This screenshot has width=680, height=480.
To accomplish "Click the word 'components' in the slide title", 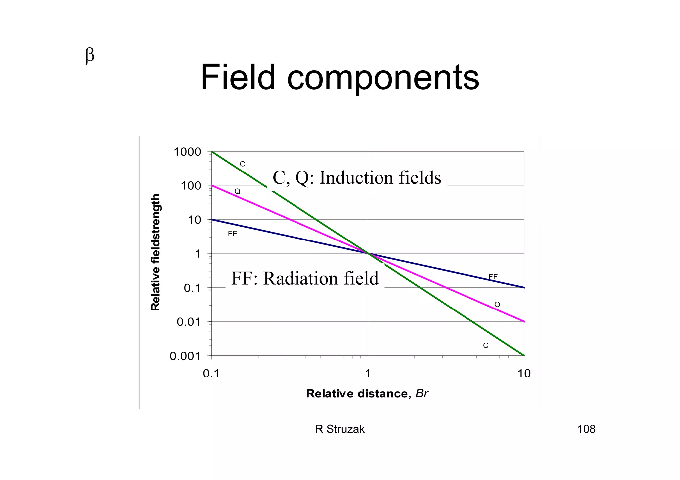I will point(383,78).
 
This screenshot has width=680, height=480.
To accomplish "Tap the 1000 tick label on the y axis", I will point(187,152).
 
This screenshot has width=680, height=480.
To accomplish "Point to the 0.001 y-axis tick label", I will point(185,356).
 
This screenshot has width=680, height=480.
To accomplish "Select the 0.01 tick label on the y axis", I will point(189,322).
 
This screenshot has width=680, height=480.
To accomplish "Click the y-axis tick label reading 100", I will point(191,186).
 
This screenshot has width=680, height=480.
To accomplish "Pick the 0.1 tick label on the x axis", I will point(211,374).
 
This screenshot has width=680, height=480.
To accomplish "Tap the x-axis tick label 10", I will point(524,374).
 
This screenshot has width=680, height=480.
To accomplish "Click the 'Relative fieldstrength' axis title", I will point(155,252).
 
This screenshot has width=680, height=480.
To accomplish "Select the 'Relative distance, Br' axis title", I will point(367,394).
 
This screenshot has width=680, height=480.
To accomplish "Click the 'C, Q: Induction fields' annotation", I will point(357,178).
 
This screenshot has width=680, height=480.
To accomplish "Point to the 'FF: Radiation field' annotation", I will point(305,278).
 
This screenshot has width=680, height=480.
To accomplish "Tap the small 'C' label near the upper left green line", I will point(242,164).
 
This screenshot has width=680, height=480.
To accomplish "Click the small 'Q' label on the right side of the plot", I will point(497,304).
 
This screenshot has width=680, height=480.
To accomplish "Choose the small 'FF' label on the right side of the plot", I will point(493,277).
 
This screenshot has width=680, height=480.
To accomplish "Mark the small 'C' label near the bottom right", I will point(486,346).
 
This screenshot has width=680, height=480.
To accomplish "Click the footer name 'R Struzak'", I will point(340,429).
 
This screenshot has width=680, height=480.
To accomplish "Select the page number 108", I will point(586,429).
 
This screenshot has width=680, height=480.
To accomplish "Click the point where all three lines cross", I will point(368,253).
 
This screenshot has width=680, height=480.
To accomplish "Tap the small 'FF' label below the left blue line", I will point(232,234).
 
